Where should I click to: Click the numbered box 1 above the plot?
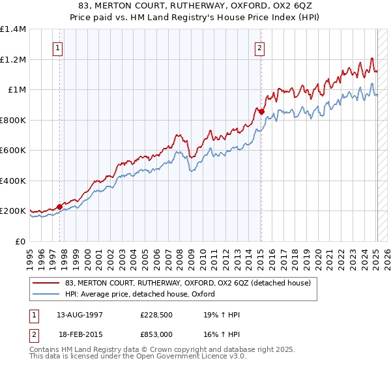click(59, 47)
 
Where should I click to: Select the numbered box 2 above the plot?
click(260, 47)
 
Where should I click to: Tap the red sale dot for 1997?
click(59, 207)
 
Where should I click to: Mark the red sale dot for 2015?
click(261, 111)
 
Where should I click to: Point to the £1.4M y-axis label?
click(13, 29)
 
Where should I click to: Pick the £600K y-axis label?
click(13, 151)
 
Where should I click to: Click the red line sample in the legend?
click(46, 283)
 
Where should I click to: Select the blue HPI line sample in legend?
click(46, 294)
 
